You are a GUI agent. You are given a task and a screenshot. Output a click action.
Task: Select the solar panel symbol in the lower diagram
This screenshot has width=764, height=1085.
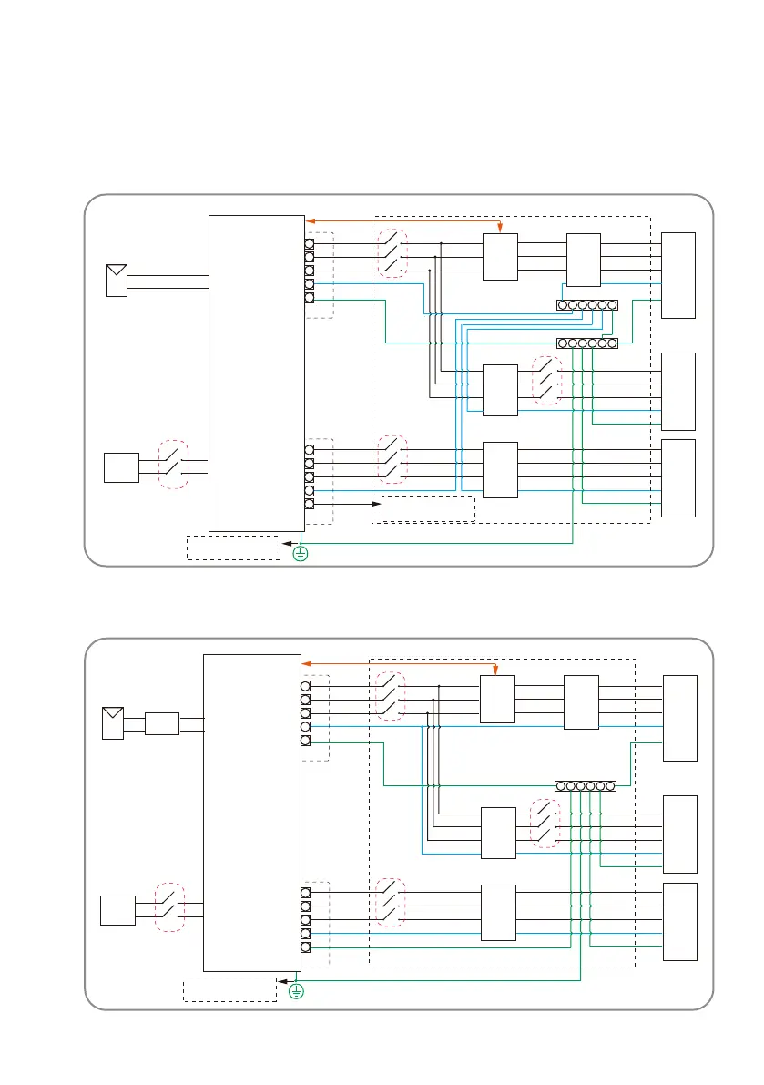coord(113,722)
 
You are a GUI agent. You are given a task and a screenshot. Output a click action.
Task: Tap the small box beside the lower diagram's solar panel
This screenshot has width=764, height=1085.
coord(162,723)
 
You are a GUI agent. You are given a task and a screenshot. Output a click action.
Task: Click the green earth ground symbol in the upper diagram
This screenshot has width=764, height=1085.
coord(301,551)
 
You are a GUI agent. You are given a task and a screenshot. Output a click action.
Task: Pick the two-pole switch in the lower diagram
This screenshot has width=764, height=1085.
coord(169,906)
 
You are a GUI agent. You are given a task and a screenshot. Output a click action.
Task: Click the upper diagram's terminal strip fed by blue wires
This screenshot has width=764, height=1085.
coord(587,304)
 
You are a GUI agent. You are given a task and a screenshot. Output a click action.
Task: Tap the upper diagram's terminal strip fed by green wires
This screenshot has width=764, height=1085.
coord(587,343)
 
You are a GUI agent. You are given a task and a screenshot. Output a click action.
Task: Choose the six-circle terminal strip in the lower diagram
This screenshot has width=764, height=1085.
coord(586,785)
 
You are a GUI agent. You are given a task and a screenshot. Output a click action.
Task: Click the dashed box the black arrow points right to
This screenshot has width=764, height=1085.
coord(428,507)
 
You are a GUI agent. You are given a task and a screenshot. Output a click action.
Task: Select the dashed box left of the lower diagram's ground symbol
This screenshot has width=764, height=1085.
coord(229,989)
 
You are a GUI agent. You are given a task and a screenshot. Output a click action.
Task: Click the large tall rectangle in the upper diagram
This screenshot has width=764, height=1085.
coord(257,373)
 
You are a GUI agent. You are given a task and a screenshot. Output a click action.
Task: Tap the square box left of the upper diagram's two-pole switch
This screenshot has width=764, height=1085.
coord(121,467)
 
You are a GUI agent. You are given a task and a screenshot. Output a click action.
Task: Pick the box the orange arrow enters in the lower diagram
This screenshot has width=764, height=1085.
coord(497,699)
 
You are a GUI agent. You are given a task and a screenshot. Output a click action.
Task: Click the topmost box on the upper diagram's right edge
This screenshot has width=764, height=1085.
coord(678,275)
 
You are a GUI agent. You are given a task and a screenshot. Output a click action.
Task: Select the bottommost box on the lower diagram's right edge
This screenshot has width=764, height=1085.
coord(680,921)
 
